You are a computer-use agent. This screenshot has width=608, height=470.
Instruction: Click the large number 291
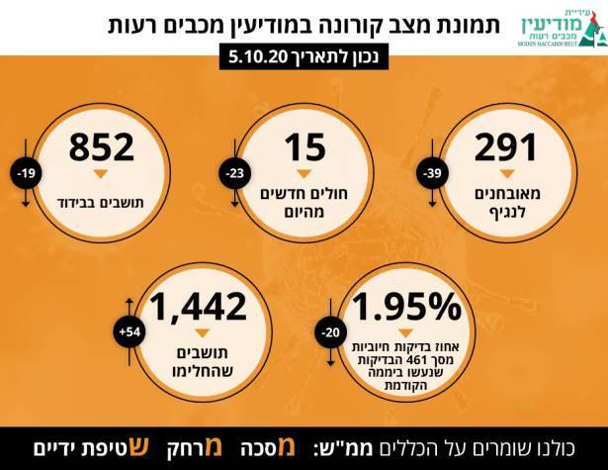click(505, 149)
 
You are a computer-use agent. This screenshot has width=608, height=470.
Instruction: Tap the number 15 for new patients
click(304, 149)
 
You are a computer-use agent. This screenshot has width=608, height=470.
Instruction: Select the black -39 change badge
click(434, 175)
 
